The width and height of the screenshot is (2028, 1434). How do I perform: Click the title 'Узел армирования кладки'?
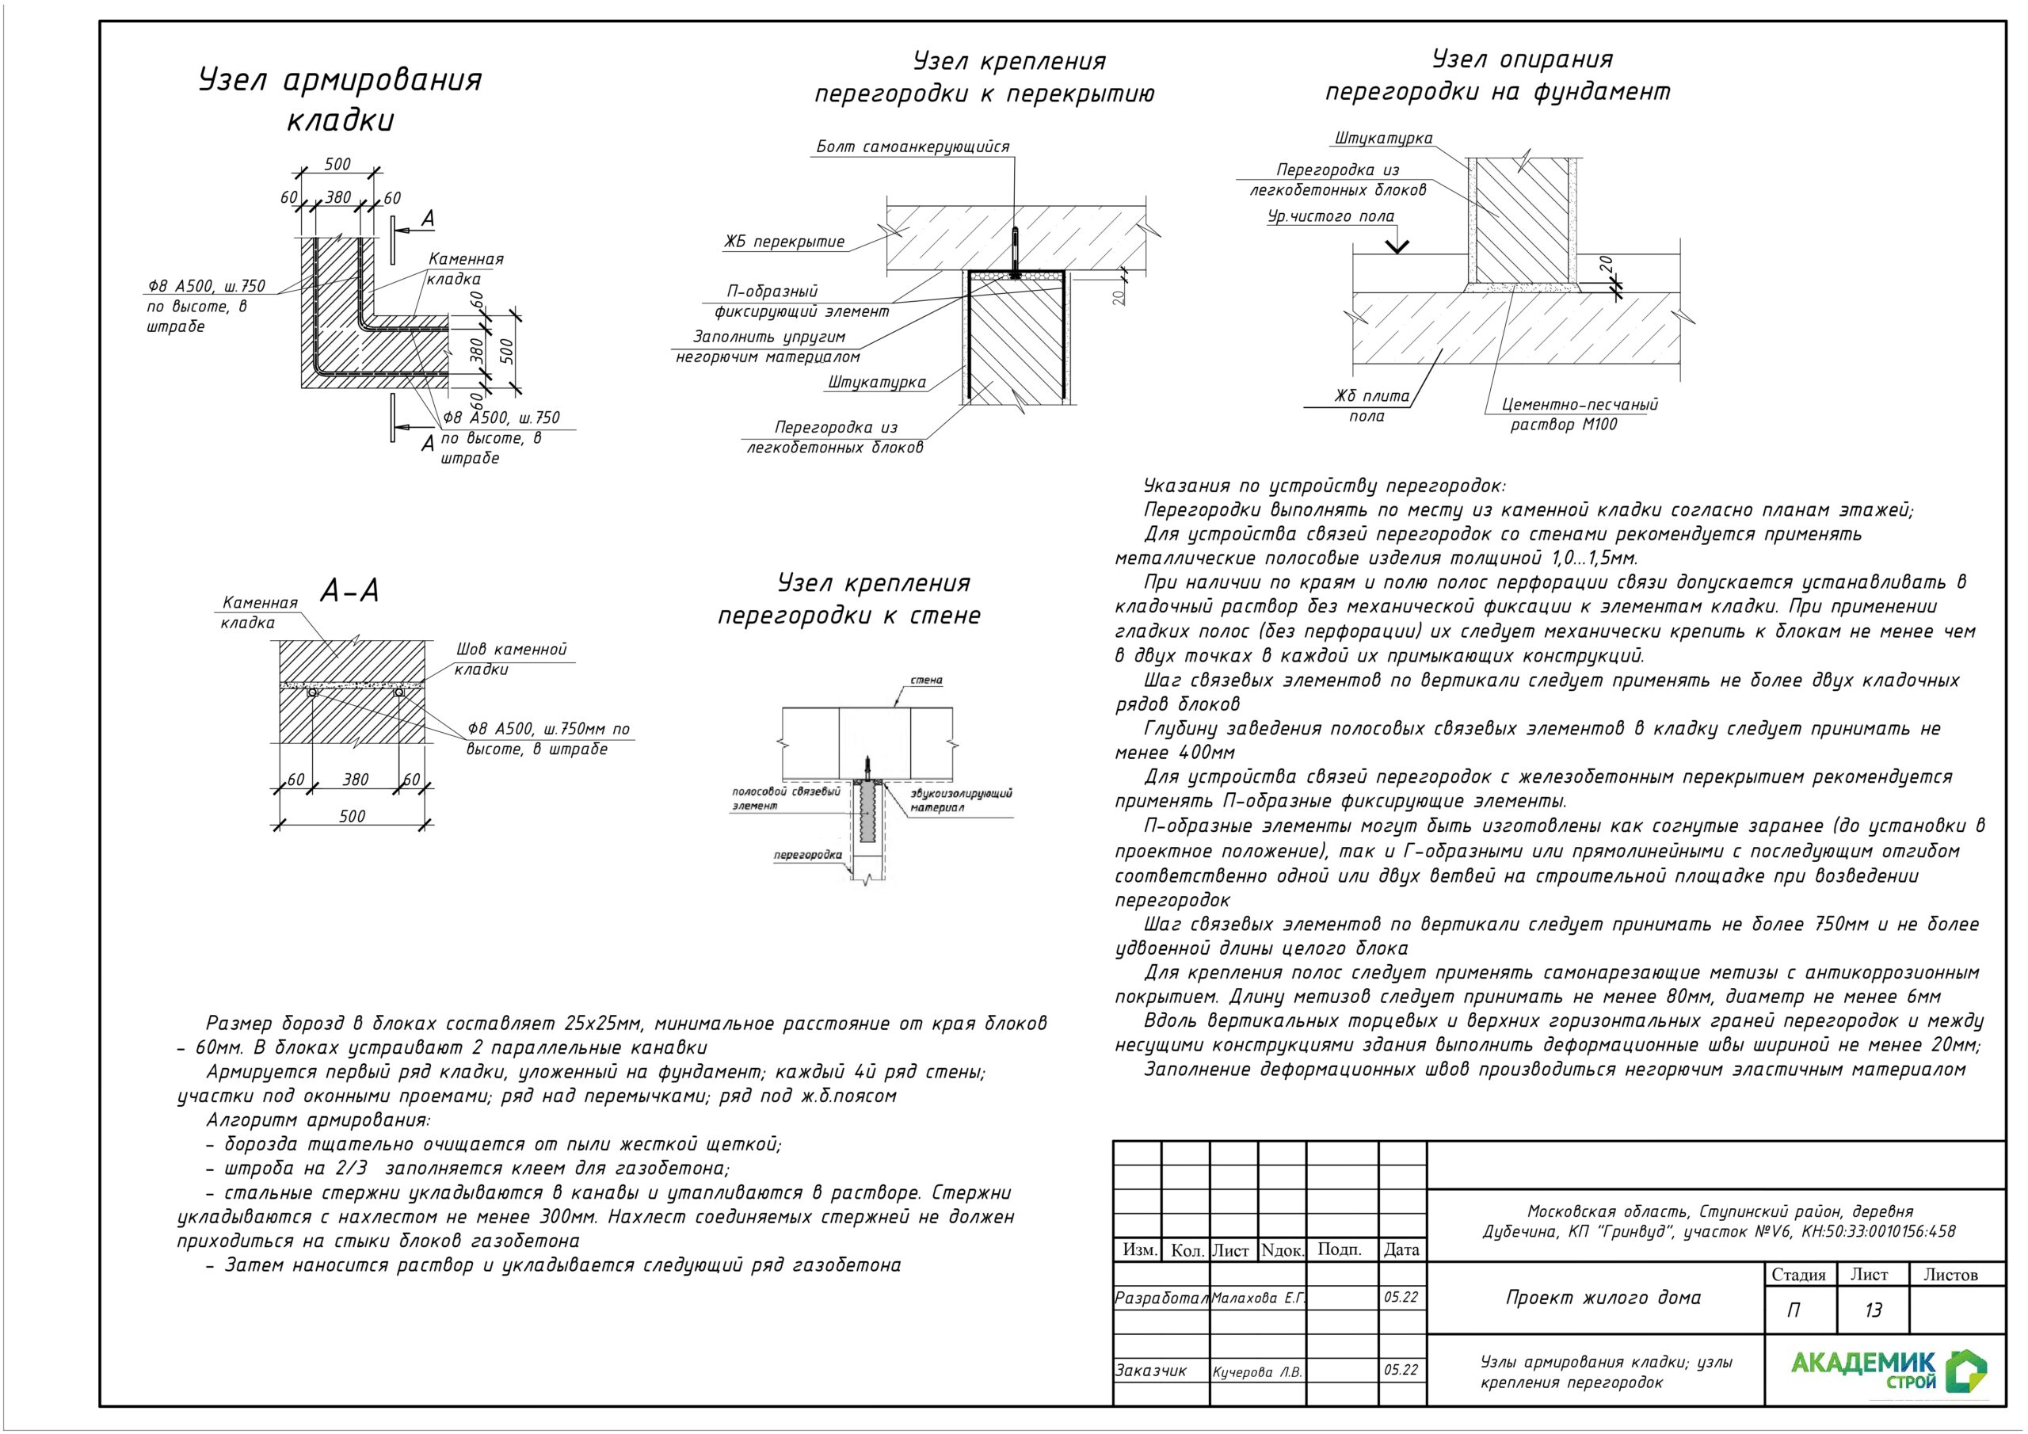pyautogui.click(x=340, y=99)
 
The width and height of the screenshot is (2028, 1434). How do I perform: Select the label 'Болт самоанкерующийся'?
pyautogui.click(x=912, y=147)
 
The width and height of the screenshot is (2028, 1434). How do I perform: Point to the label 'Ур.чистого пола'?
pyautogui.click(x=1330, y=216)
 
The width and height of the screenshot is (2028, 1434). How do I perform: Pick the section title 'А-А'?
pyautogui.click(x=350, y=590)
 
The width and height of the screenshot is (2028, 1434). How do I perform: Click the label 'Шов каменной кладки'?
pyautogui.click(x=509, y=659)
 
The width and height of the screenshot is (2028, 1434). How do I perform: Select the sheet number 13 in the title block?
pyautogui.click(x=1873, y=1310)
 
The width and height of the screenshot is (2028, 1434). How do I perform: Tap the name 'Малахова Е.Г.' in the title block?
pyautogui.click(x=1258, y=1298)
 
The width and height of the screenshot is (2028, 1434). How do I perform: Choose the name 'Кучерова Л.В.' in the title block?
pyautogui.click(x=1257, y=1372)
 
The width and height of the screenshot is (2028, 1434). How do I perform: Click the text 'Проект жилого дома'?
pyautogui.click(x=1603, y=1298)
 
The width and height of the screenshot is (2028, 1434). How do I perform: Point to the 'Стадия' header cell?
pyautogui.click(x=1798, y=1275)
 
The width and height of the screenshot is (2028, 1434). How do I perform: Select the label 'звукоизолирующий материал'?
pyautogui.click(x=961, y=800)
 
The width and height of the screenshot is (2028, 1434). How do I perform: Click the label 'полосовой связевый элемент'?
pyautogui.click(x=785, y=799)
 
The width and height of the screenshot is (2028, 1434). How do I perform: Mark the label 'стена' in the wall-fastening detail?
pyautogui.click(x=927, y=681)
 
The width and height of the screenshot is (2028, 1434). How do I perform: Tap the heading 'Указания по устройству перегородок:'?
pyautogui.click(x=1324, y=486)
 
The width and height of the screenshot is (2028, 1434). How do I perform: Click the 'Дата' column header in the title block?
pyautogui.click(x=1401, y=1249)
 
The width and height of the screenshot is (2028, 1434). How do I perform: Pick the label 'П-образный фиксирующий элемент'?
pyautogui.click(x=800, y=301)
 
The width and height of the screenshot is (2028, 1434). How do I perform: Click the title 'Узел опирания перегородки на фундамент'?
pyautogui.click(x=1497, y=76)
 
